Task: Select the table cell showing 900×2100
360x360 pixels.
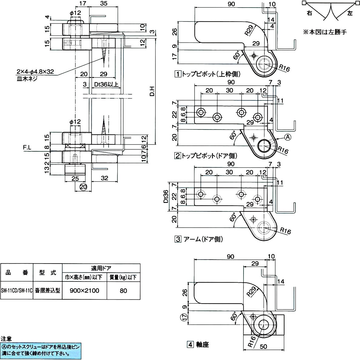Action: [x=84, y=291]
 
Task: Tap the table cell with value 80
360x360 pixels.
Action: [x=123, y=291]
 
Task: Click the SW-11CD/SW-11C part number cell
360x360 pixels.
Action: [x=17, y=291]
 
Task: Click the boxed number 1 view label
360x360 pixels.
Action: [x=177, y=74]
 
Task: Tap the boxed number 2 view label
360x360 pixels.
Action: [x=177, y=156]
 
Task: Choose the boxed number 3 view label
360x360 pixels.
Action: [x=177, y=239]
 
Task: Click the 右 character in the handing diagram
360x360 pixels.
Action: [x=309, y=13]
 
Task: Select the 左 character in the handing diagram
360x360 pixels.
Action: [x=351, y=13]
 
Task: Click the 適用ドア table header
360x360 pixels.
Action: [x=101, y=268]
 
